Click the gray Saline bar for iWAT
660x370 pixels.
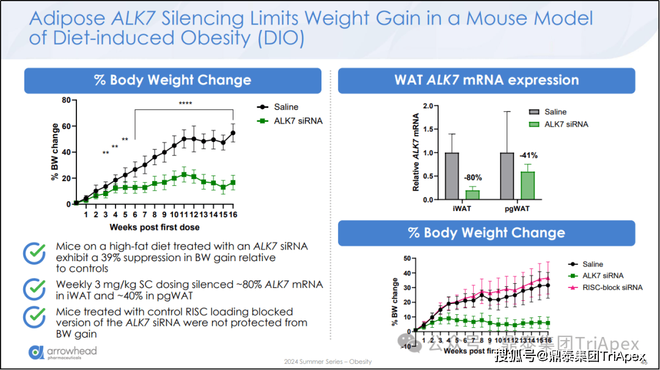click(452, 176)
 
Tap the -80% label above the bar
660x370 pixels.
click(473, 178)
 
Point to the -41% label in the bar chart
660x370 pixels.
click(528, 155)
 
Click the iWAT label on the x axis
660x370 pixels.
click(462, 209)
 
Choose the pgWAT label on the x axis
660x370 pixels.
click(516, 209)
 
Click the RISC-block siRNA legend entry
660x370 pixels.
click(612, 287)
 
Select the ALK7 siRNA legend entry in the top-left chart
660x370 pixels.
click(298, 120)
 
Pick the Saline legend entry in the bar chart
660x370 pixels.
click(555, 112)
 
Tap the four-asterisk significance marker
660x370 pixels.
click(185, 103)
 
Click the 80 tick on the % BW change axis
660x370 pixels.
click(65, 100)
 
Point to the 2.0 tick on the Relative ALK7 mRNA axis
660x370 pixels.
click(427, 106)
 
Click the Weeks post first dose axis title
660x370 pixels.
click(155, 228)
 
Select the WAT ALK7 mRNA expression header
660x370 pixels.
click(486, 80)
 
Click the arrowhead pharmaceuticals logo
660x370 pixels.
click(62, 352)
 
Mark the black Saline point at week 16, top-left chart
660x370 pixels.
click(233, 133)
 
